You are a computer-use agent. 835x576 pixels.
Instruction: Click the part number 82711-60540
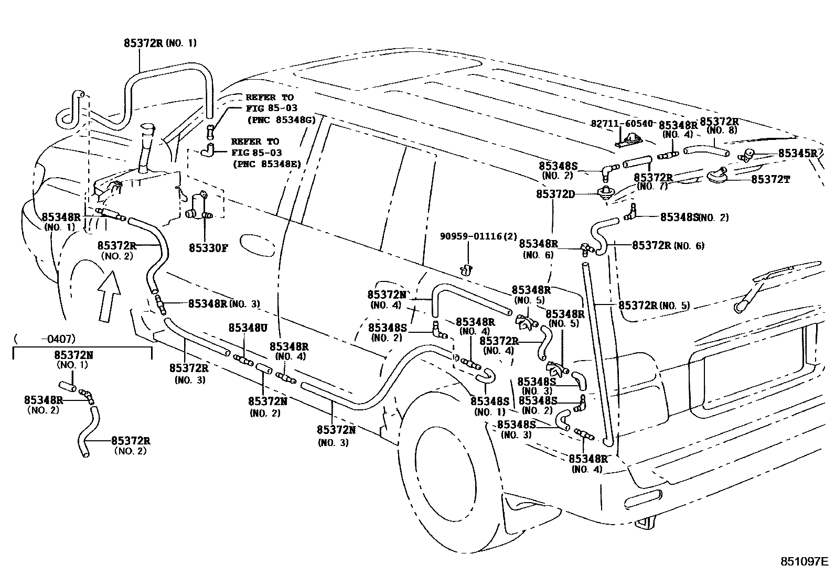click(622, 124)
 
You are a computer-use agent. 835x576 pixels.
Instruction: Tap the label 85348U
click(248, 328)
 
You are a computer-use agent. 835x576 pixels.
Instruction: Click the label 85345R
click(797, 153)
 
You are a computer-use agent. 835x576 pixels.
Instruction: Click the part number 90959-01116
click(470, 236)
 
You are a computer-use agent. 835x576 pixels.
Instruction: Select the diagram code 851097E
click(803, 561)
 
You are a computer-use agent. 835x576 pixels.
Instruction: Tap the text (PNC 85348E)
click(266, 164)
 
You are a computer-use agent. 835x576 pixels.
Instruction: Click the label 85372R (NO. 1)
click(160, 43)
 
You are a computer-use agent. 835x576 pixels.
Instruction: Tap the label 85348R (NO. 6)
click(538, 248)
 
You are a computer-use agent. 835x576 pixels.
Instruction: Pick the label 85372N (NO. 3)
click(336, 436)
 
